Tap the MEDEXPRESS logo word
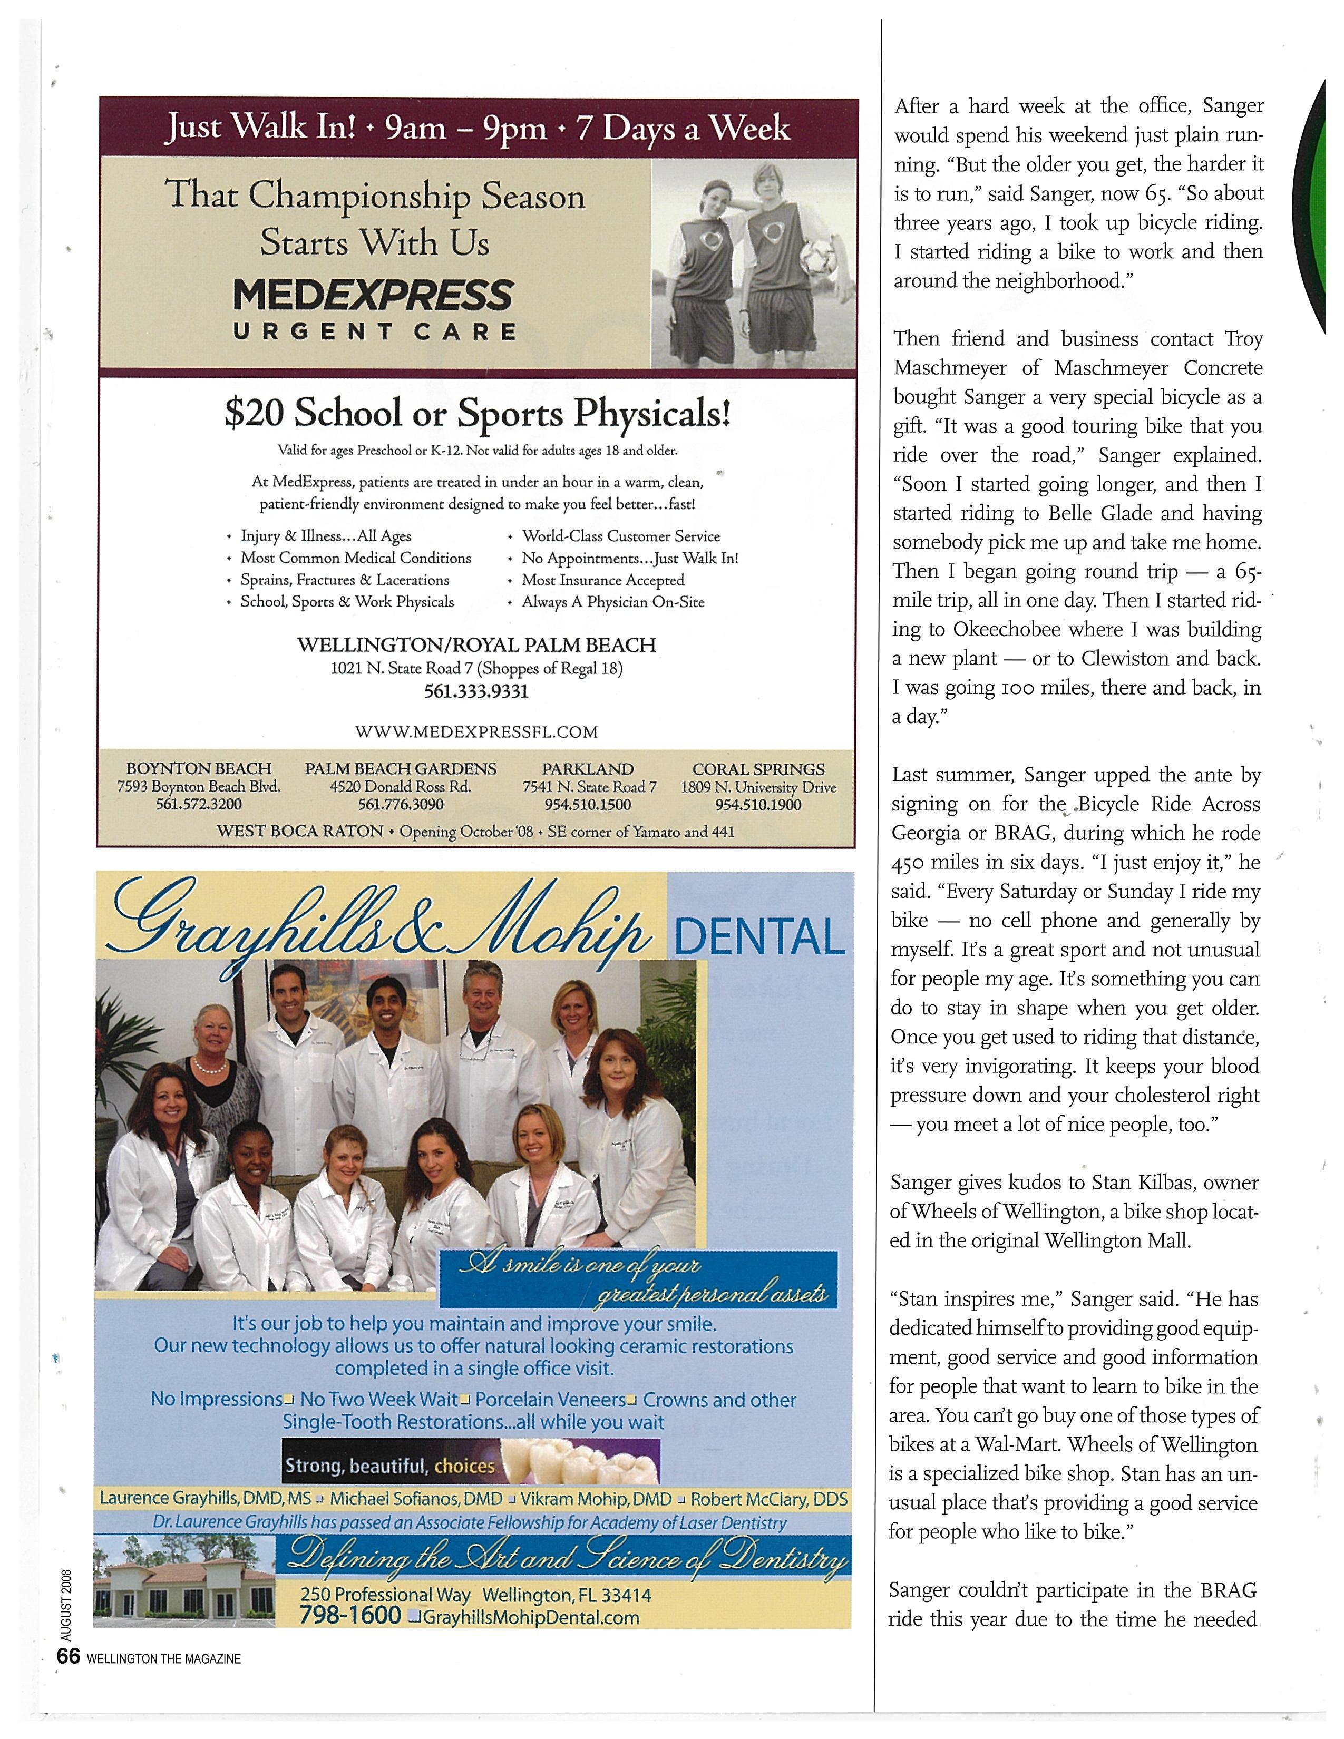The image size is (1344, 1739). coord(373,296)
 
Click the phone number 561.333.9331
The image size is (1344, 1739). coord(476,691)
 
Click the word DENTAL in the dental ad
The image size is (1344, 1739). coord(759,936)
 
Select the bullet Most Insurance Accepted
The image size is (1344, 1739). coord(603,581)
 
